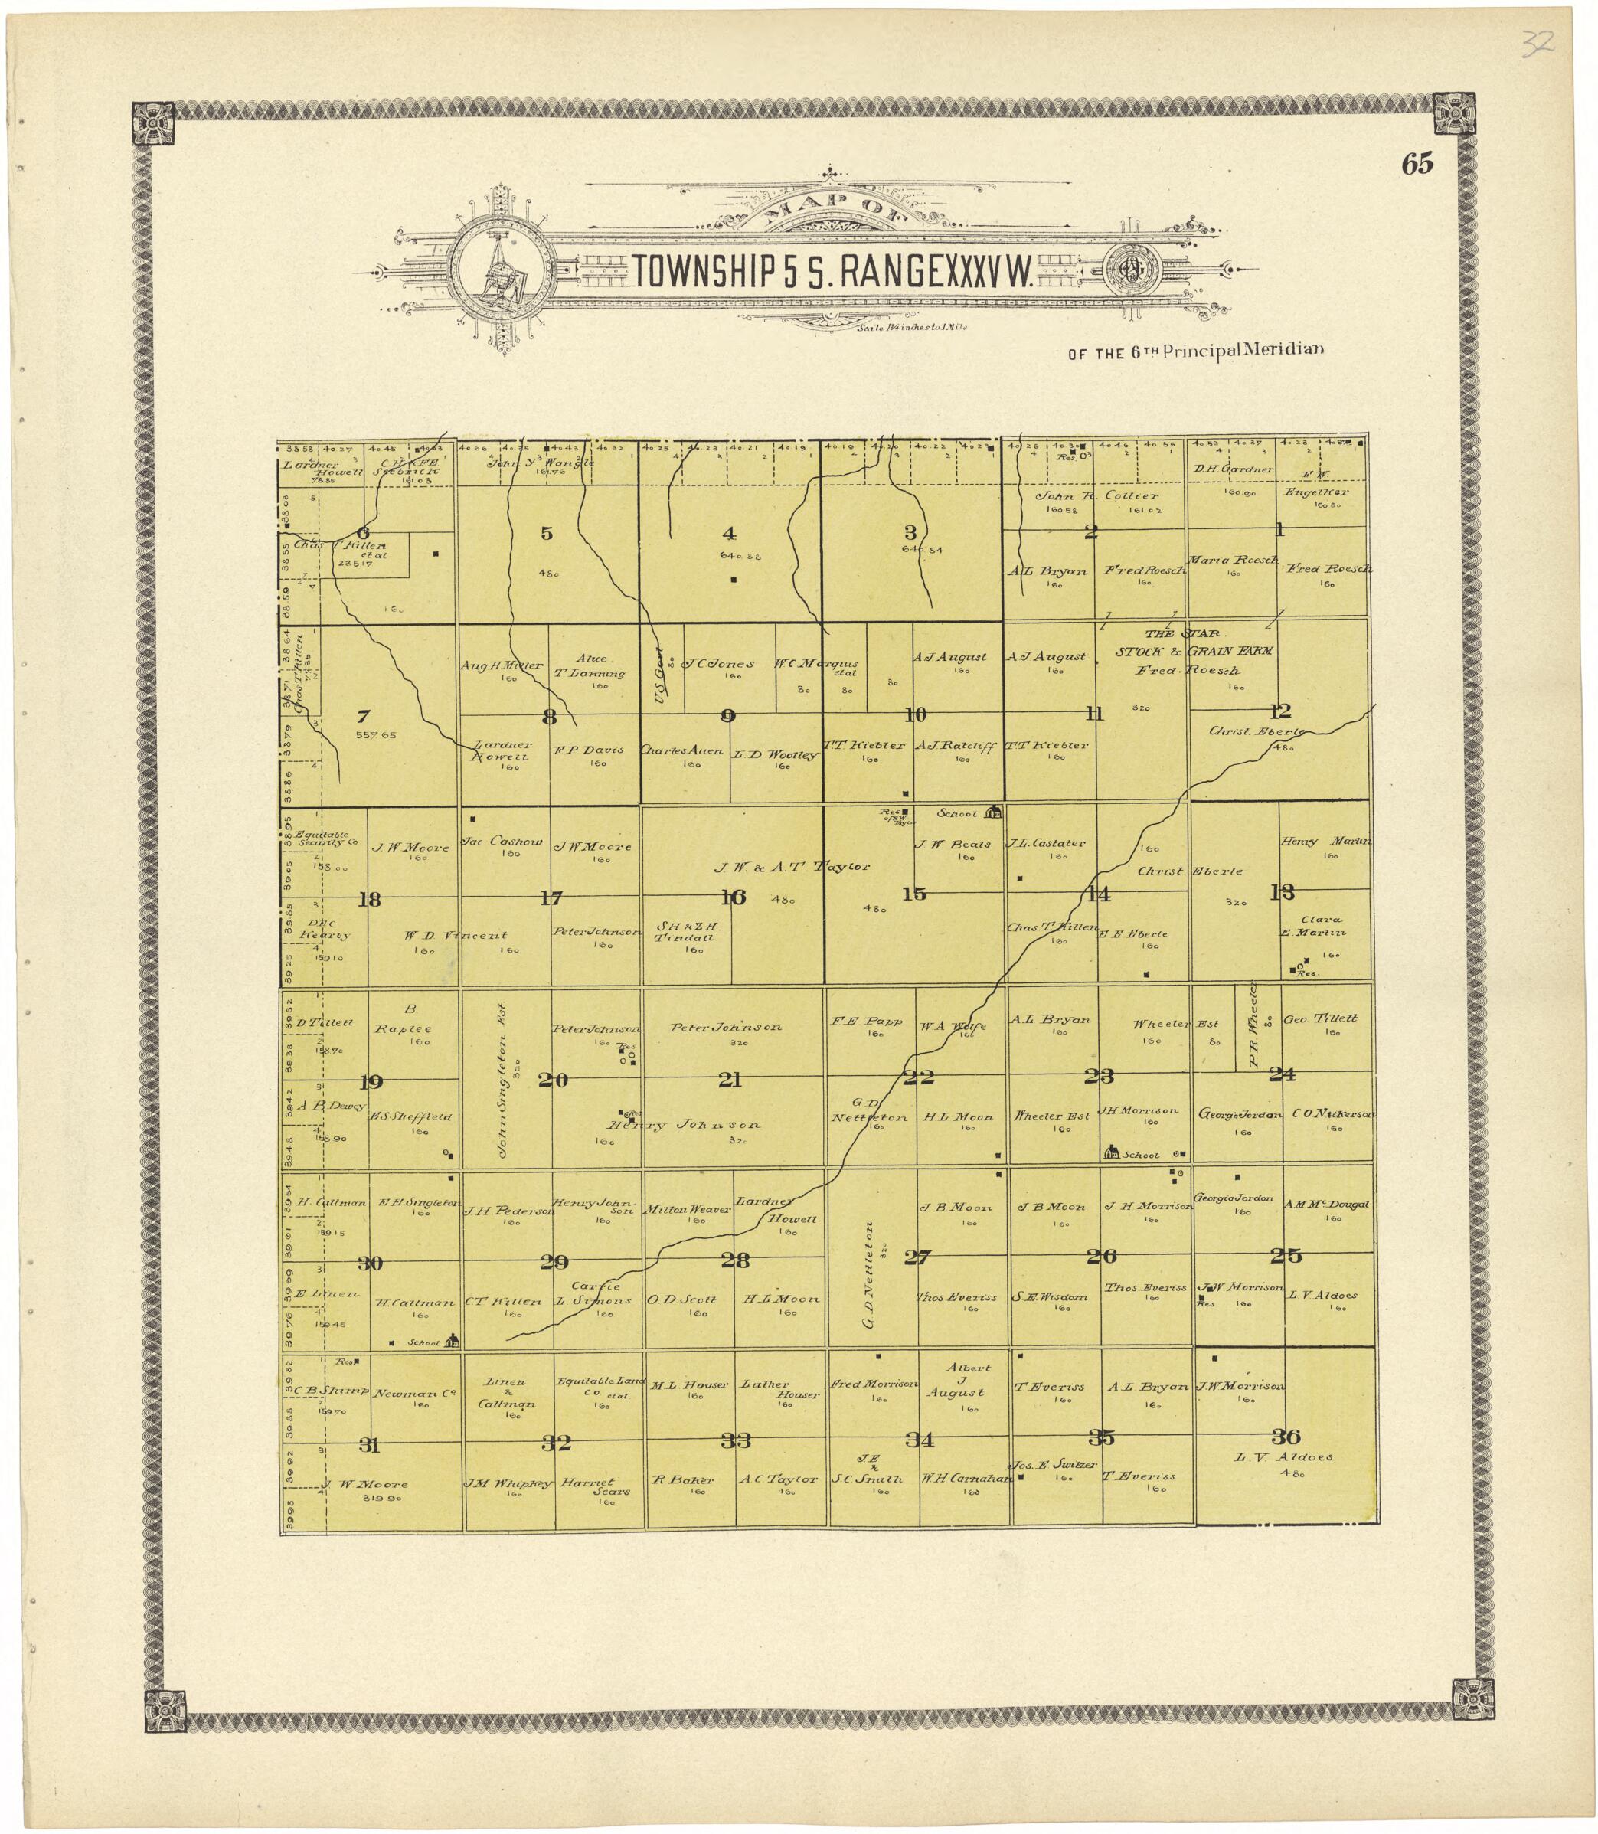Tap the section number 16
pos(733,897)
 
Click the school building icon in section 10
pos(995,812)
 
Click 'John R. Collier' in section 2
pos(1096,495)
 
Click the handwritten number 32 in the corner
pos(1538,41)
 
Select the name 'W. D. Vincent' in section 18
pos(455,935)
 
